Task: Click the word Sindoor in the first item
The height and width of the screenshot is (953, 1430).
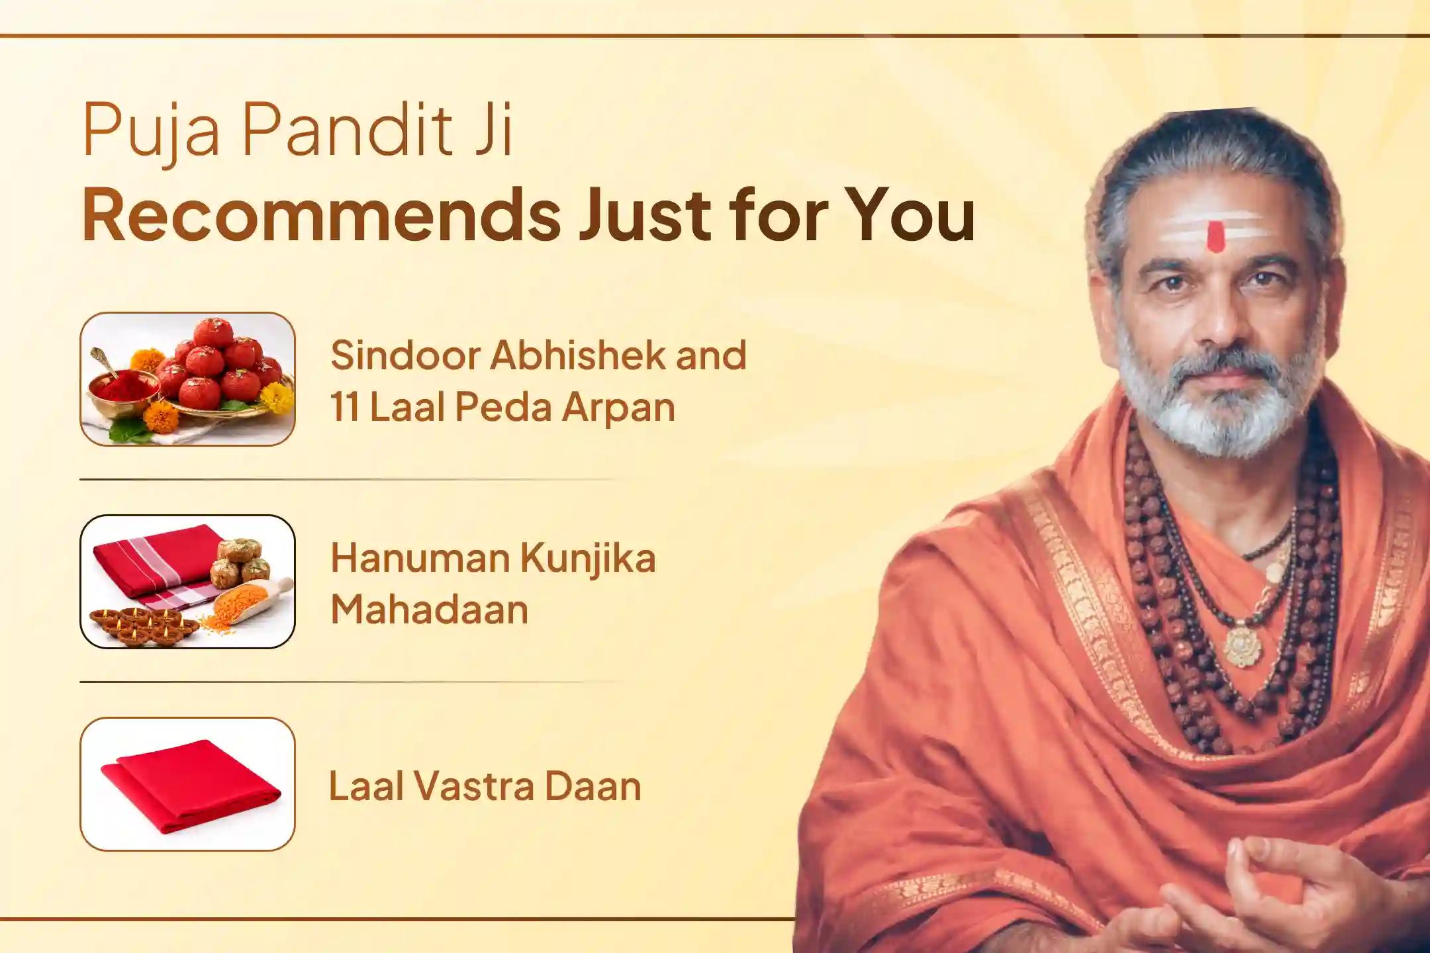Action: [403, 355]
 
